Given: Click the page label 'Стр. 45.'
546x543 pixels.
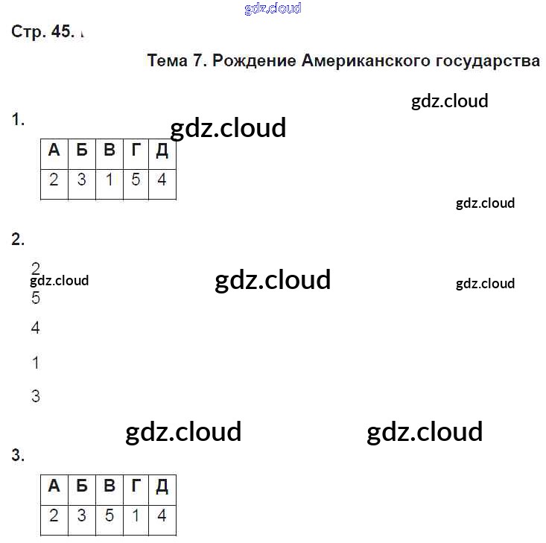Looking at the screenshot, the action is pyautogui.click(x=43, y=31).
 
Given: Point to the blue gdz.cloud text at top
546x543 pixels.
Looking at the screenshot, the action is pyautogui.click(x=273, y=9).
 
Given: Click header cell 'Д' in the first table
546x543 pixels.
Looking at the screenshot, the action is pyautogui.click(x=162, y=150).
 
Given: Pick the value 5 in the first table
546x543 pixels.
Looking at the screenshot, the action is pyautogui.click(x=136, y=180).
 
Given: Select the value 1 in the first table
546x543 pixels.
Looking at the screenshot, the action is pyautogui.click(x=109, y=180).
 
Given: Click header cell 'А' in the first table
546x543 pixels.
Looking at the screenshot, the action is pyautogui.click(x=54, y=150).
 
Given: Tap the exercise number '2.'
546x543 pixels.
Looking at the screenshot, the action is pyautogui.click(x=19, y=239).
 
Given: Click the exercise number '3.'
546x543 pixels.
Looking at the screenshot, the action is pyautogui.click(x=19, y=456).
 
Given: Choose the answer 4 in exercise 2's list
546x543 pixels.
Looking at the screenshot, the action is pyautogui.click(x=36, y=328).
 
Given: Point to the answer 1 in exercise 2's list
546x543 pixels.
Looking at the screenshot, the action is pyautogui.click(x=36, y=363).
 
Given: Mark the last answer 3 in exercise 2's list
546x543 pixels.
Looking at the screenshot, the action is pyautogui.click(x=36, y=396).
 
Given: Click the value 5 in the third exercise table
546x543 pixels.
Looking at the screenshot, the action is pyautogui.click(x=109, y=515).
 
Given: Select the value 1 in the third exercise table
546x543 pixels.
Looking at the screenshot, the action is pyautogui.click(x=136, y=515).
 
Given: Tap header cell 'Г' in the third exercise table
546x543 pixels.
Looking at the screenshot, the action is pyautogui.click(x=136, y=486).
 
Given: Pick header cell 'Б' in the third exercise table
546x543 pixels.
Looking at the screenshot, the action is pyautogui.click(x=81, y=486).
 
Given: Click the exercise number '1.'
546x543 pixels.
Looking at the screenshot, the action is pyautogui.click(x=19, y=120).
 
